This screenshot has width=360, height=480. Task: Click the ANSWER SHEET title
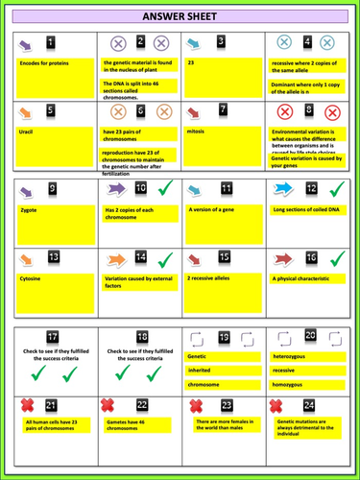click(x=180, y=17)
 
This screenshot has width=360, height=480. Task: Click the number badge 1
click(x=51, y=42)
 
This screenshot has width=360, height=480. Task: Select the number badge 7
click(x=222, y=109)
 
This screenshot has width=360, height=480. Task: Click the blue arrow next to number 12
click(x=284, y=188)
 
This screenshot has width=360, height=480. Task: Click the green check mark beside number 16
click(x=335, y=258)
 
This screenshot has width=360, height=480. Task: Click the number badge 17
click(x=53, y=337)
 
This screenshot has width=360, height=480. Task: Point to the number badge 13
click(x=53, y=258)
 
